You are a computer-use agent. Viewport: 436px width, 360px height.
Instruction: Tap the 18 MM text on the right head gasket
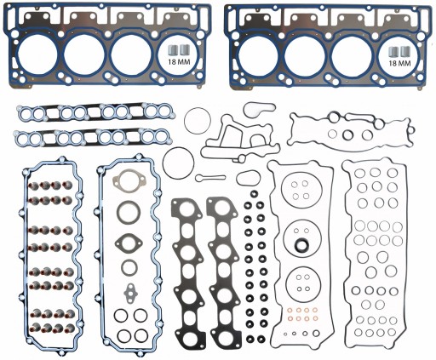(396, 62)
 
